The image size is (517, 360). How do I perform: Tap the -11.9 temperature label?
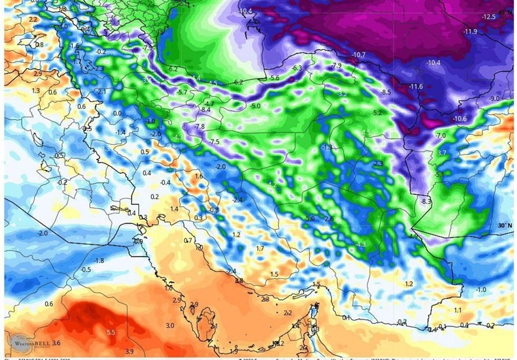(470, 32)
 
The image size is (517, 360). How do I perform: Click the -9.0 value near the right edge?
(494, 98)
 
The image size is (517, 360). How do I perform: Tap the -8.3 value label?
(426, 202)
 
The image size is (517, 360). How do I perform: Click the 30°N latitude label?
(505, 226)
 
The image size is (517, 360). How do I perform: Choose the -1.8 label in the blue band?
(99, 260)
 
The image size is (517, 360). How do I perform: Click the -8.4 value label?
(206, 111)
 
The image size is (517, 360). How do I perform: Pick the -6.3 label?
(297, 68)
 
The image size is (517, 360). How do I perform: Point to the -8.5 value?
(386, 92)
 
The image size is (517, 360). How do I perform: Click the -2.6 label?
(329, 219)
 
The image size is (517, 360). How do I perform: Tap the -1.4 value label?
(120, 132)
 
